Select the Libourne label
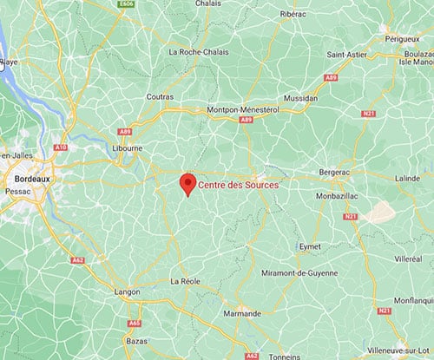[x=127, y=148]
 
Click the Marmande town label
[x=241, y=314]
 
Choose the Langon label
[x=128, y=292]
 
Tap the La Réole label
[x=187, y=281]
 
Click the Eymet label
[x=307, y=247]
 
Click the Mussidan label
[x=300, y=99]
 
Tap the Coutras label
[x=160, y=96]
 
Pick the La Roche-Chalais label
[x=200, y=52]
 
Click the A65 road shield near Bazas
[x=134, y=323]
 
